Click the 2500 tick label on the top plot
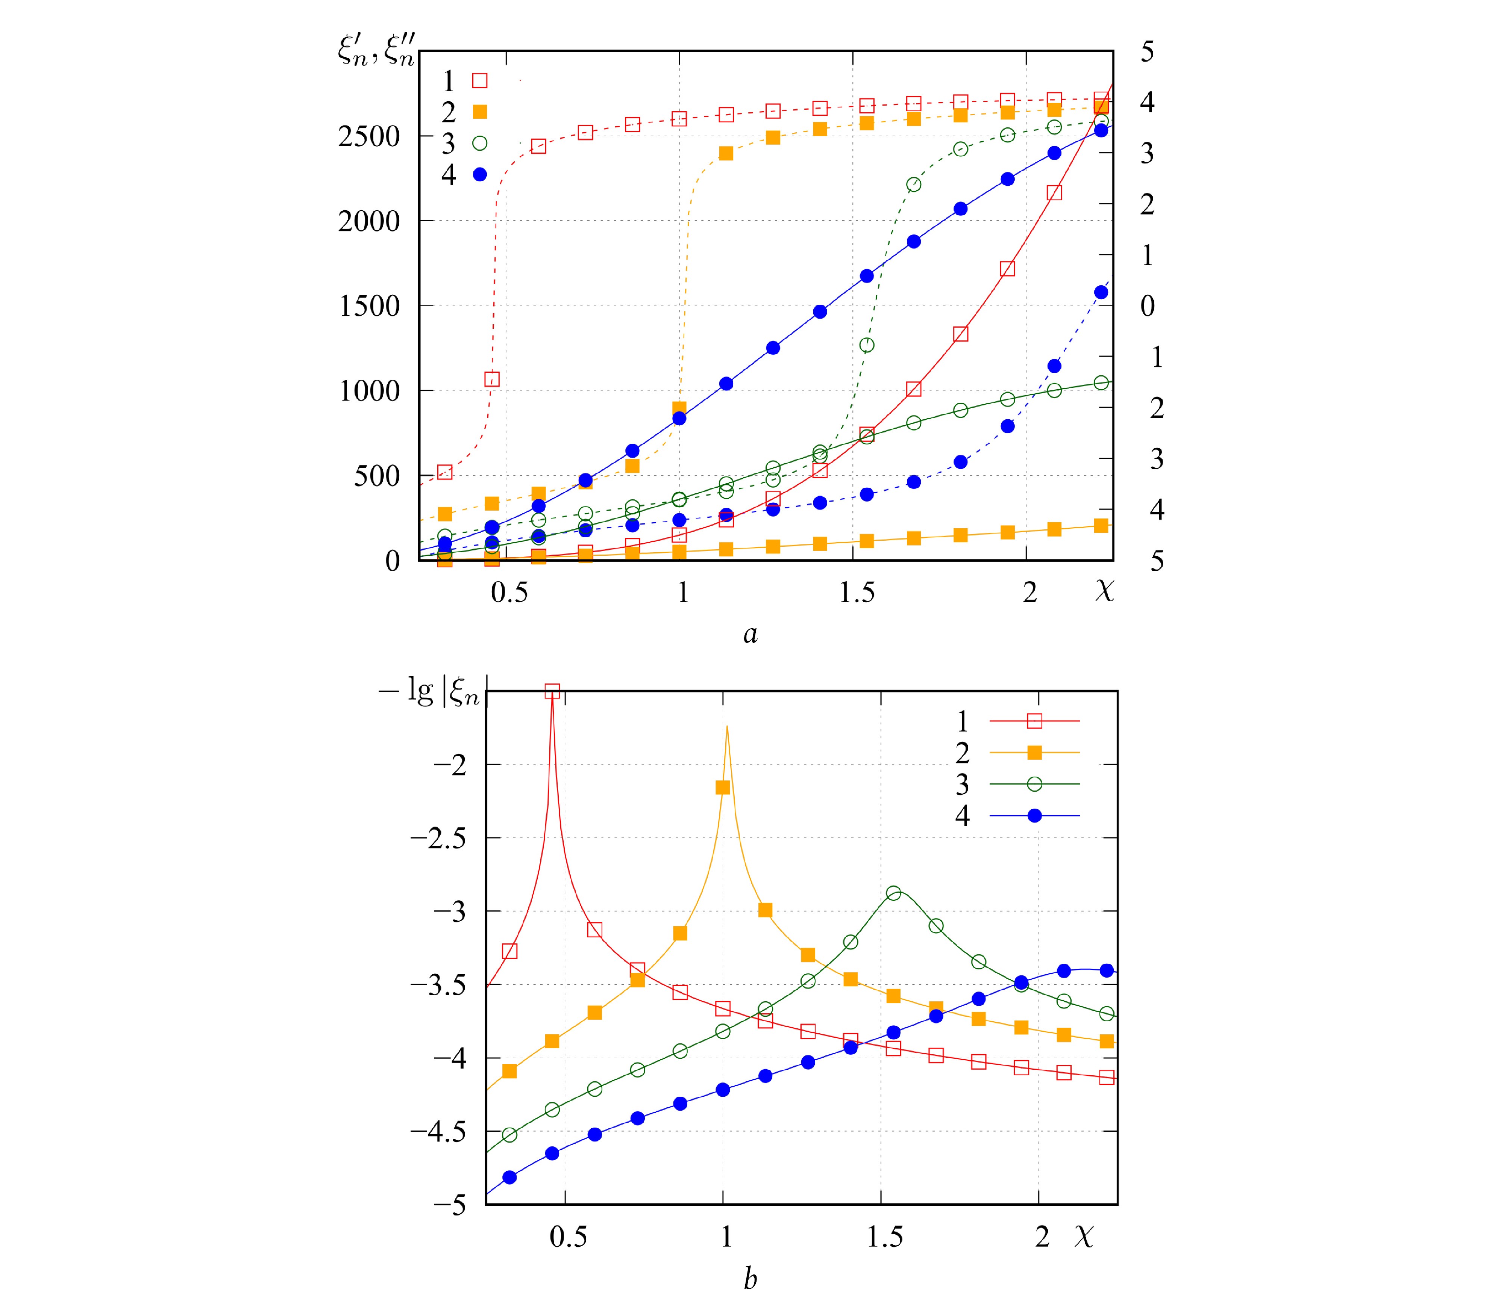tap(369, 136)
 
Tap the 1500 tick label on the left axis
tap(369, 306)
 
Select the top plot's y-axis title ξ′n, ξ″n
tap(376, 51)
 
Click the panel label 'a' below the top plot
tap(750, 634)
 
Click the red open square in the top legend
tap(480, 80)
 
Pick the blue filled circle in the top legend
tap(480, 174)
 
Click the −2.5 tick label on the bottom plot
tap(438, 838)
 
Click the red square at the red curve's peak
tap(552, 691)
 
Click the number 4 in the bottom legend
tap(963, 816)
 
